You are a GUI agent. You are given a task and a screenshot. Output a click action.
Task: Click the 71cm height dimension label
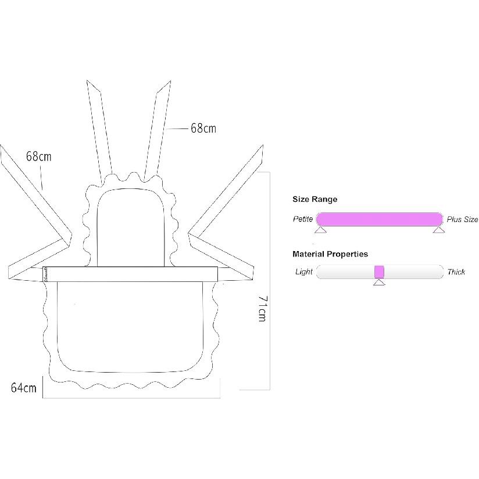tap(262, 309)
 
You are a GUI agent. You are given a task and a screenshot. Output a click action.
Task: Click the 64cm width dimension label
tap(23, 388)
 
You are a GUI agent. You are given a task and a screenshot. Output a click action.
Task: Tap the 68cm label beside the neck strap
tap(203, 128)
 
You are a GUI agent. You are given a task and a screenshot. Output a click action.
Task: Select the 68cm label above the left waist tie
tap(38, 156)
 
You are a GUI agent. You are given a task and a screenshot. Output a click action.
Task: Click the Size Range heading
tap(314, 199)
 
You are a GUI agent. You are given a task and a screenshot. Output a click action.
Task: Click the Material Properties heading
tap(330, 254)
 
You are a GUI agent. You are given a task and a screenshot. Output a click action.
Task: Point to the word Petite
tap(303, 219)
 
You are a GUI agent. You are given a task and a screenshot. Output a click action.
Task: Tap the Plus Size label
tap(462, 219)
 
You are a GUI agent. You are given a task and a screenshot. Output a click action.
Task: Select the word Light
tap(303, 271)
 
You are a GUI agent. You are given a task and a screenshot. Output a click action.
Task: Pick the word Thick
tap(456, 271)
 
